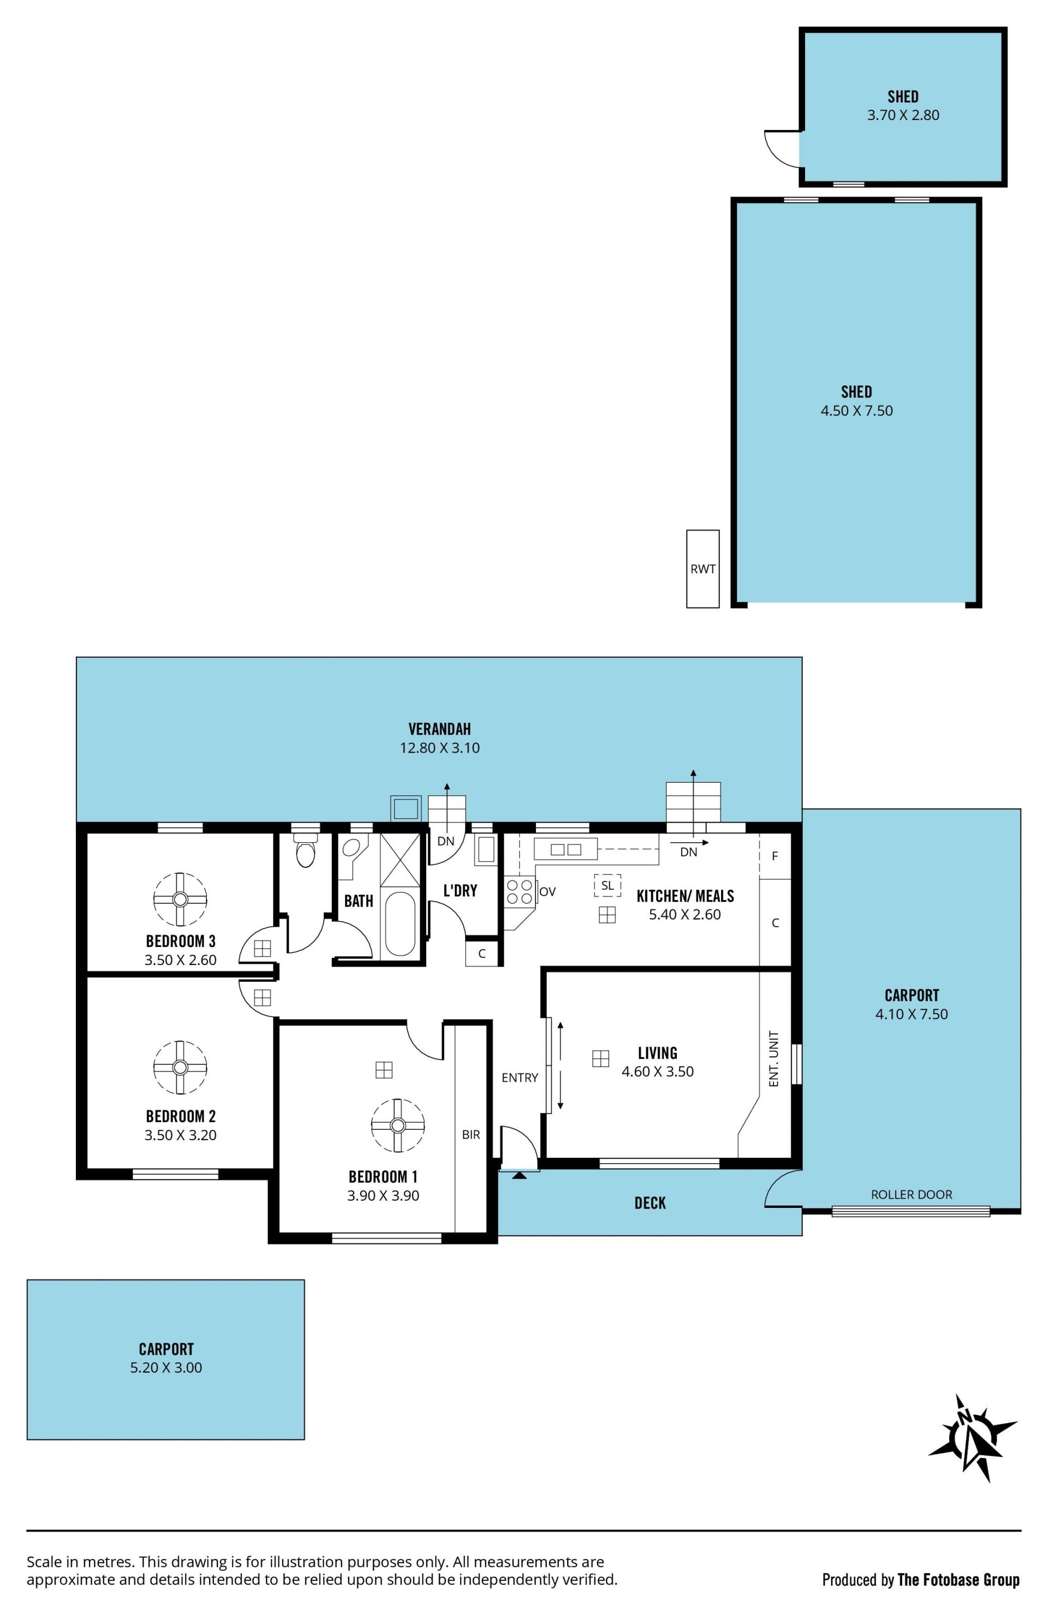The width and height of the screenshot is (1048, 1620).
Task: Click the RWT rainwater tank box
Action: click(702, 568)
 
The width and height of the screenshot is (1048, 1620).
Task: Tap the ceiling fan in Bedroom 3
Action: click(180, 899)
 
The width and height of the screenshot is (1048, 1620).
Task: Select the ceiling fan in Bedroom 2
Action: click(180, 1067)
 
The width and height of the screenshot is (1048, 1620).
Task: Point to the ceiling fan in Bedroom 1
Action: click(398, 1125)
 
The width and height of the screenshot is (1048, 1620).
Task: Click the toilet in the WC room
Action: click(306, 850)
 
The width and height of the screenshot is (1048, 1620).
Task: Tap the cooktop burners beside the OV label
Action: click(519, 892)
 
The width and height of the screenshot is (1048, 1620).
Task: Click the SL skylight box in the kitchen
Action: click(607, 885)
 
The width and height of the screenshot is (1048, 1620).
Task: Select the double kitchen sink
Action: click(565, 849)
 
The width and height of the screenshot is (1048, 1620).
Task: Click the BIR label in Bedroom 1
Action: click(471, 1134)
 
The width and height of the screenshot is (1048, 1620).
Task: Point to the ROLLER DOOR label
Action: click(911, 1194)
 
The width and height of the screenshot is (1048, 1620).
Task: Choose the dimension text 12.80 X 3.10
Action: click(439, 748)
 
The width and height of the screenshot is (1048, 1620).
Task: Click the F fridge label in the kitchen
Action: click(775, 856)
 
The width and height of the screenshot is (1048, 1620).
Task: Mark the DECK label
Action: click(650, 1203)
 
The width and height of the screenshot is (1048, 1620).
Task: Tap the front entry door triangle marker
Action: click(519, 1175)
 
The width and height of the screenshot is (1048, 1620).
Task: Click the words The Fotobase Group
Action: click(958, 1579)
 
